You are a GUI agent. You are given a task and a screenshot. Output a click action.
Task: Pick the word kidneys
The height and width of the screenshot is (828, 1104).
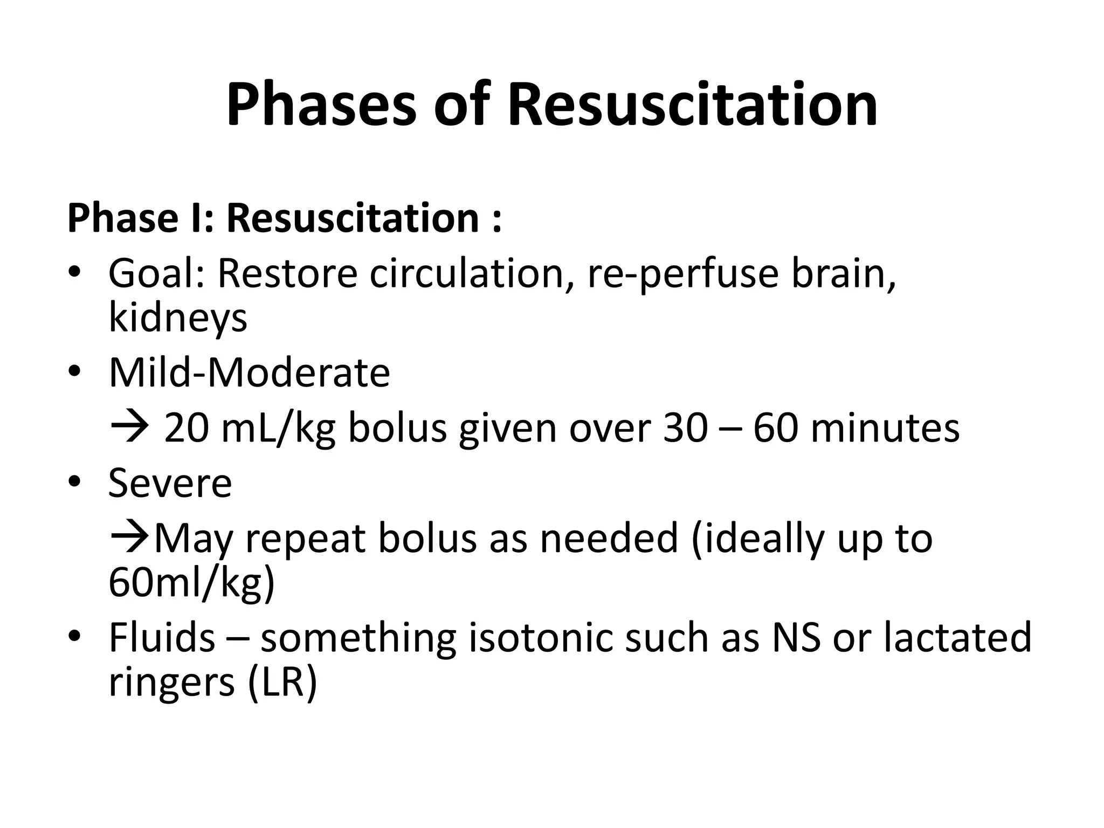(x=178, y=318)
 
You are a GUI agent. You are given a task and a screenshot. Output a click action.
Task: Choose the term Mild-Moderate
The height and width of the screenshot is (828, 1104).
(x=249, y=372)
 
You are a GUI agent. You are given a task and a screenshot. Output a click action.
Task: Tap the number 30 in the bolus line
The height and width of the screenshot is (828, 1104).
(x=685, y=429)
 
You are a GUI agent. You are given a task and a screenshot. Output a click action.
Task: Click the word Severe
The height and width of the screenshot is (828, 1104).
(x=170, y=483)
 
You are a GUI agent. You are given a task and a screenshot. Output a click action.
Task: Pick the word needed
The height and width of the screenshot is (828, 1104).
(x=609, y=538)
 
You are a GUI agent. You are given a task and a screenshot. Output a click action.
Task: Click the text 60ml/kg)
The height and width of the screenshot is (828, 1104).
(x=192, y=583)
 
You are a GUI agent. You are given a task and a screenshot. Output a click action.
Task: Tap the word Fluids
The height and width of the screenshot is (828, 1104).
(x=162, y=638)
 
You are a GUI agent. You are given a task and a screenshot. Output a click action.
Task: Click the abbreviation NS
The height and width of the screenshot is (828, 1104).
(x=796, y=638)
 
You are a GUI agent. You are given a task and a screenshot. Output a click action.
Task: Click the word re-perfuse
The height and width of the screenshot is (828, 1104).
(x=682, y=273)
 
